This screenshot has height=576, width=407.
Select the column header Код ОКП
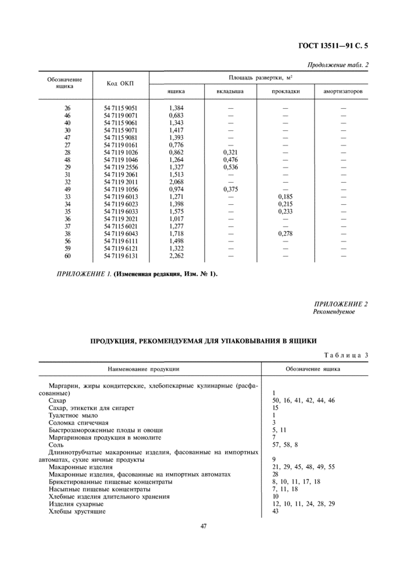(x=120, y=84)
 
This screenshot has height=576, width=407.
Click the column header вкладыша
(x=230, y=91)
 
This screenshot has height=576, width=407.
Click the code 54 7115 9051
(x=120, y=108)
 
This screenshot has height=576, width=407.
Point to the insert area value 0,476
(x=230, y=159)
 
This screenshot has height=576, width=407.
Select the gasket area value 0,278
(x=285, y=233)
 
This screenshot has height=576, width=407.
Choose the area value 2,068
(x=176, y=181)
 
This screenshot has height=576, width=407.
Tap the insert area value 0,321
(x=230, y=152)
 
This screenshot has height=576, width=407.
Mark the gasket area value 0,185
(x=285, y=196)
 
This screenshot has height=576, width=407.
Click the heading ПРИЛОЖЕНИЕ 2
(x=341, y=304)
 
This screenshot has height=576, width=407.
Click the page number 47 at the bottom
(x=204, y=527)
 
